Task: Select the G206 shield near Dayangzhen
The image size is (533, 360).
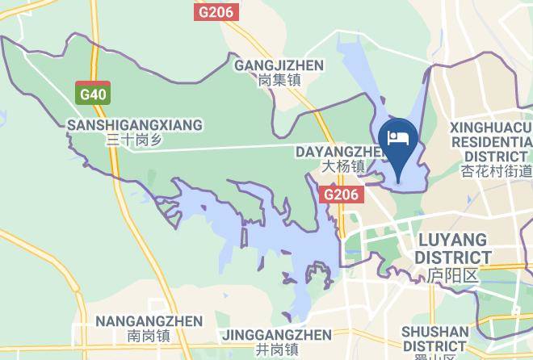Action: click(341, 195)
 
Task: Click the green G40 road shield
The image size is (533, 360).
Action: click(93, 94)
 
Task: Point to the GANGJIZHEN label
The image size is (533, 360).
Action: click(279, 65)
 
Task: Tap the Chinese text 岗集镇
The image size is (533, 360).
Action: click(279, 81)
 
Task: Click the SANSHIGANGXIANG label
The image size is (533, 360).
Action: click(135, 125)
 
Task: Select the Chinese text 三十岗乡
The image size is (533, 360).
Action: click(135, 140)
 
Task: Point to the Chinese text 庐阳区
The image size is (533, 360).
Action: click(453, 275)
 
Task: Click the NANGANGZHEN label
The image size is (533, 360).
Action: click(149, 321)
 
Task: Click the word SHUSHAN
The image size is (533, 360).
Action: click(434, 331)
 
